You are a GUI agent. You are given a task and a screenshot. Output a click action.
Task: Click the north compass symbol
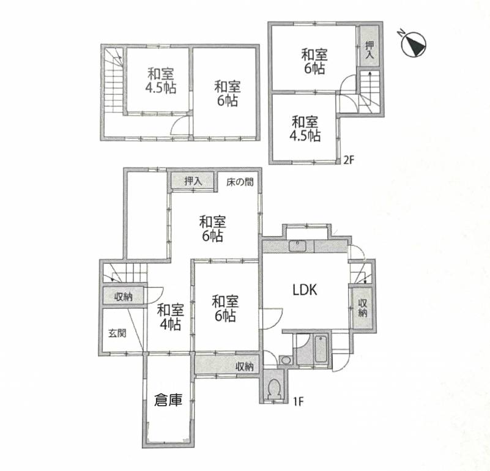tap(414, 44)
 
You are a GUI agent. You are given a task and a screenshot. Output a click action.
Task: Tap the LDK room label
tap(305, 290)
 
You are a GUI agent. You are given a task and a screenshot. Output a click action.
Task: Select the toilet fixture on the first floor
tap(273, 388)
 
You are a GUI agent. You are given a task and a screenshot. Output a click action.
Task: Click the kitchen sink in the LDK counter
tap(297, 246)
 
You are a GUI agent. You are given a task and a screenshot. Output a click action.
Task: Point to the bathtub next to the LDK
tap(321, 349)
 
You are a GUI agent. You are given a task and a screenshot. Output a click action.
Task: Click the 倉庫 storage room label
tap(168, 400)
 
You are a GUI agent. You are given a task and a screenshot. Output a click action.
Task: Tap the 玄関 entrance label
tap(117, 333)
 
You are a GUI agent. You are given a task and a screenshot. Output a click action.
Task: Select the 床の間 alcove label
tap(240, 182)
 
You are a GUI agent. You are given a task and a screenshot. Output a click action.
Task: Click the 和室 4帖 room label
tap(170, 317)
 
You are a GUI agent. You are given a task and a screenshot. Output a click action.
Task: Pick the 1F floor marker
tap(298, 401)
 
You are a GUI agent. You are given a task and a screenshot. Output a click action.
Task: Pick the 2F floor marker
tap(349, 160)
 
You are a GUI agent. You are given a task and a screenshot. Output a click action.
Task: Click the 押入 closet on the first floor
tap(193, 180)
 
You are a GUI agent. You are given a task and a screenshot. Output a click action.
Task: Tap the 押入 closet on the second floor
tap(369, 46)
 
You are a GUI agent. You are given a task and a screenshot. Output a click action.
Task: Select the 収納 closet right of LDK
tap(363, 308)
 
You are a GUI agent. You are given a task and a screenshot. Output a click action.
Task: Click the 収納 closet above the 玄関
tap(124, 295)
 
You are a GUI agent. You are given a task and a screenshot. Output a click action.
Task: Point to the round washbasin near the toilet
tap(285, 360)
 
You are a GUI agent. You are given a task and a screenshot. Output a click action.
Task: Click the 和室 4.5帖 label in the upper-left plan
tap(161, 81)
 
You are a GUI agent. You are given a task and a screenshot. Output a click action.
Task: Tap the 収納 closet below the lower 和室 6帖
tap(227, 364)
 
